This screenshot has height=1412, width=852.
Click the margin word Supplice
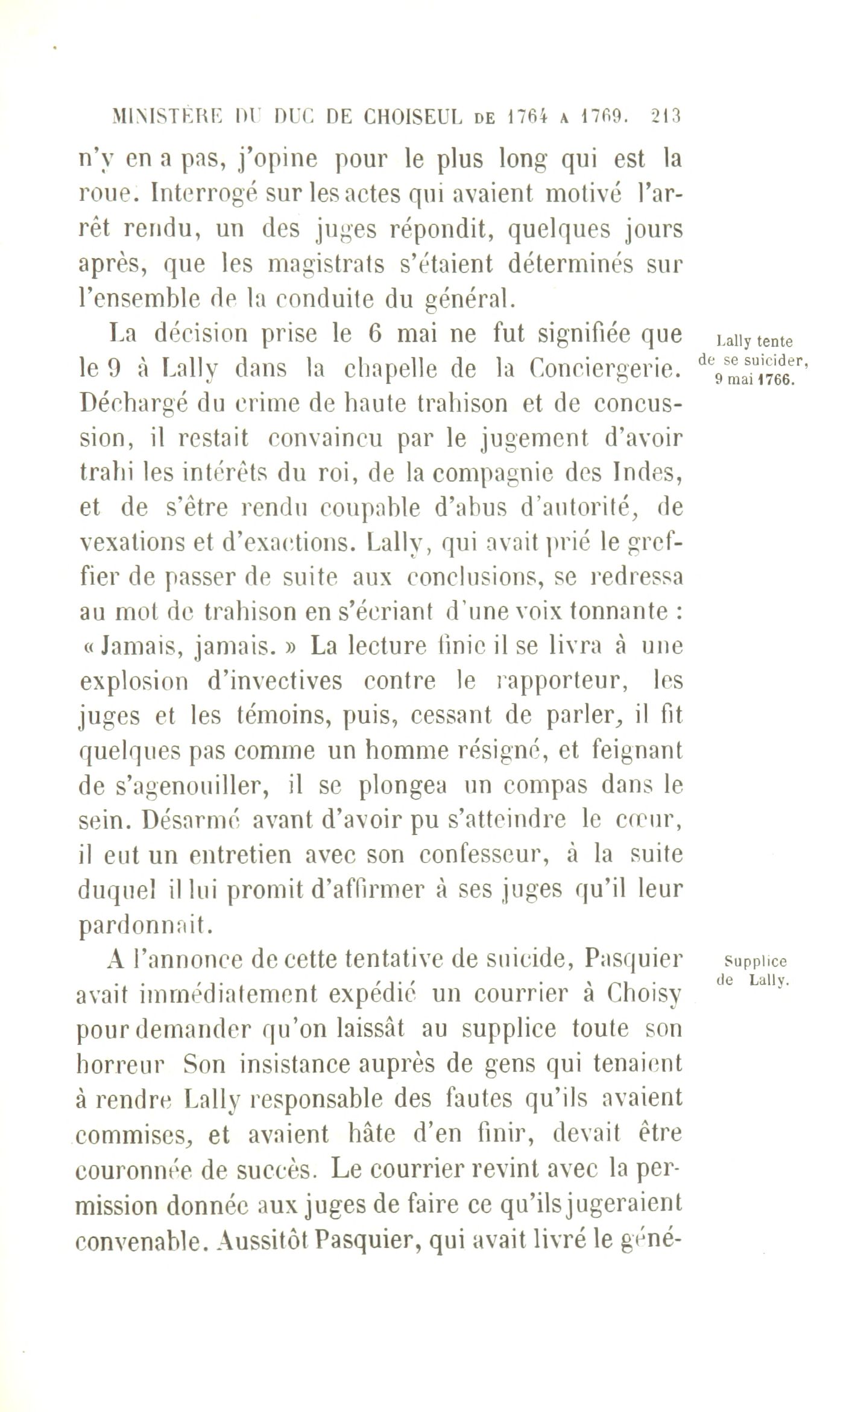[757, 961]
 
